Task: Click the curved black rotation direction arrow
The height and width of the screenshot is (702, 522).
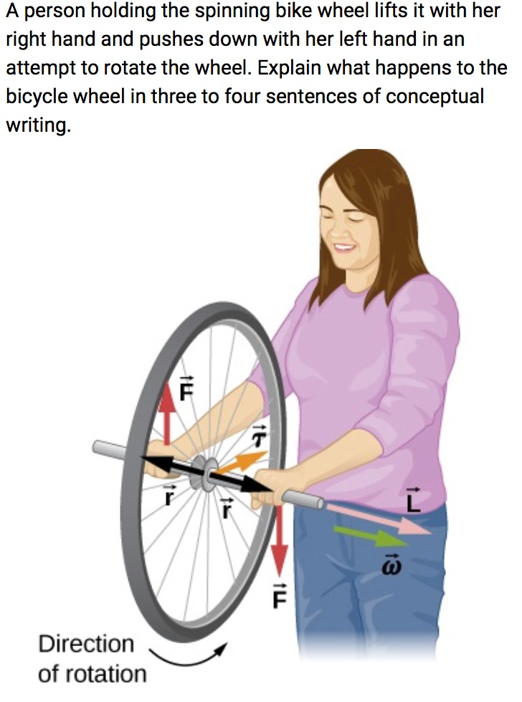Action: (189, 655)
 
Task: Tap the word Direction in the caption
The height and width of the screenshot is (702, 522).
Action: (85, 643)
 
